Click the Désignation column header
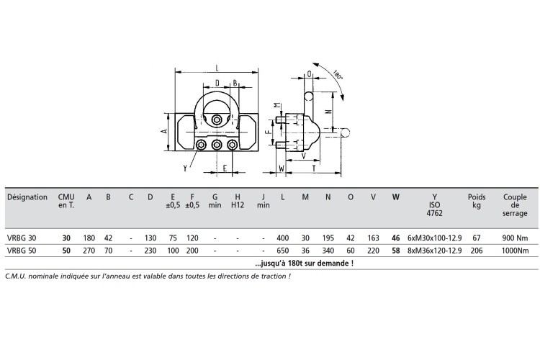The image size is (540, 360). coord(27,197)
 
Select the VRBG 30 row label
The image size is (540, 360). coord(22,238)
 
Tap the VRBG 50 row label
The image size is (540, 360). coord(22,251)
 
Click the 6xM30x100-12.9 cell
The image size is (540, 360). coord(435,238)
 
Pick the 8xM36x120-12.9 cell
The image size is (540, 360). coord(435,251)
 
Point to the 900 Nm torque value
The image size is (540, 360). coord(515,238)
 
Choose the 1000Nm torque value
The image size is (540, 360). coord(515,251)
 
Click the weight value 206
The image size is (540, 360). coord(477,251)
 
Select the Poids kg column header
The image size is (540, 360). coord(477,201)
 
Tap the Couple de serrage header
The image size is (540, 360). coord(515,205)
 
